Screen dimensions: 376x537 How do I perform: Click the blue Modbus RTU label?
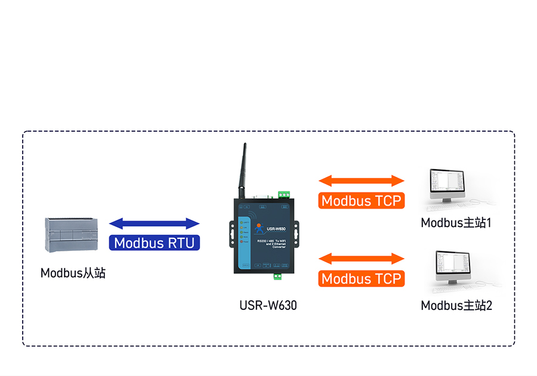[x=155, y=243]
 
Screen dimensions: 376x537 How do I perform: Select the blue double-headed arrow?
[x=155, y=224]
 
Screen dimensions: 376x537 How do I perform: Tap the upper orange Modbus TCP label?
[x=362, y=201]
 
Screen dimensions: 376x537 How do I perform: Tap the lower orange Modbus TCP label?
[x=362, y=278]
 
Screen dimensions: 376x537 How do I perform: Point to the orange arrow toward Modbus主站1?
[x=362, y=181]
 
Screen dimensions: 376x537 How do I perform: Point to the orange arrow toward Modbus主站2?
[x=362, y=259]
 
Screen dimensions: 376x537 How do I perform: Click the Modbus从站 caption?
[x=73, y=274]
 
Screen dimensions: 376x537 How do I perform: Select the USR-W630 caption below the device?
[x=268, y=306]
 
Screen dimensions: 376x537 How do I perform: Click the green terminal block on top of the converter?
[x=283, y=194]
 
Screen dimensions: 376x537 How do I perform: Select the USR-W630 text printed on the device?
[x=276, y=228]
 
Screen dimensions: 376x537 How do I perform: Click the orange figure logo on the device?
[x=260, y=227]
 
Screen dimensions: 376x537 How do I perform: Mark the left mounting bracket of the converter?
[x=230, y=234]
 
